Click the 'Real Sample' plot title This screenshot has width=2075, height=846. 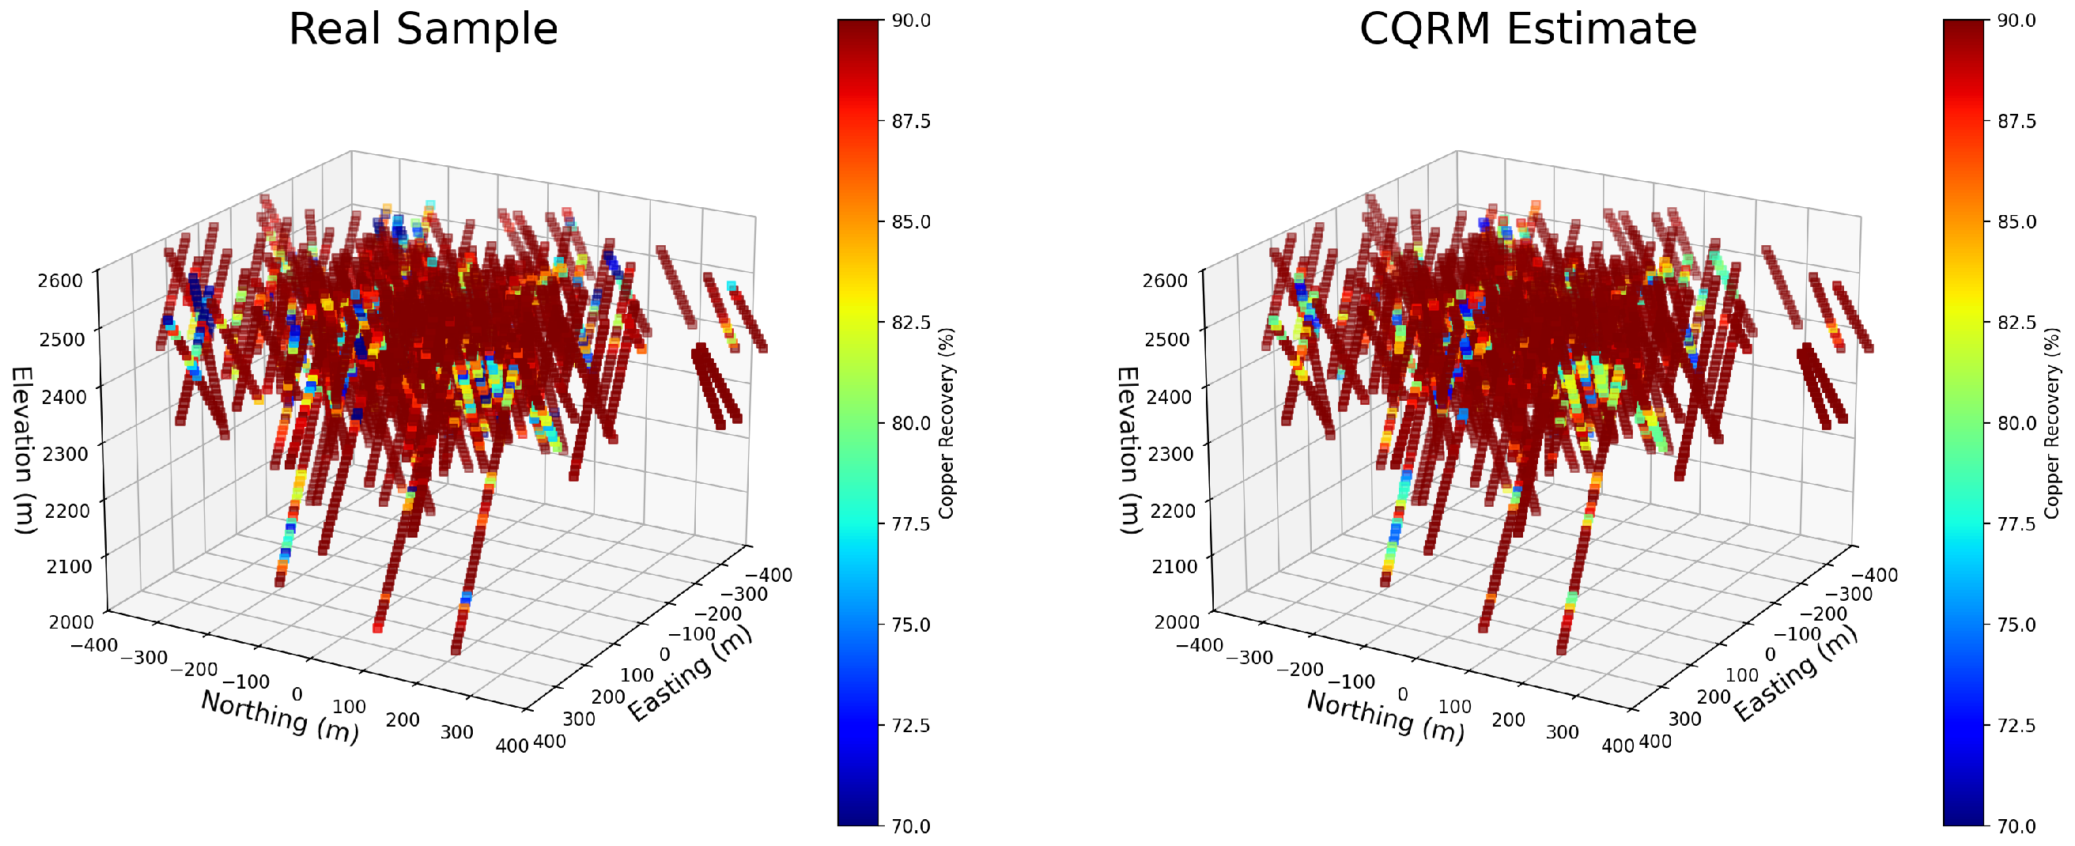423,29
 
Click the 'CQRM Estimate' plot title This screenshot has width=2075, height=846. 1528,29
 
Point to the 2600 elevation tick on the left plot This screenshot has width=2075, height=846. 60,281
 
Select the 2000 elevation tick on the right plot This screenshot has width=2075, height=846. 1177,621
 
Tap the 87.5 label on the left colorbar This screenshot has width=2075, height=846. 911,122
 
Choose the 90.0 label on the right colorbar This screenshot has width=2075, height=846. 2016,21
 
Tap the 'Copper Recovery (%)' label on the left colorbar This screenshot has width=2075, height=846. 947,423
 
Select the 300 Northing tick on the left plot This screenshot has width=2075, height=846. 457,731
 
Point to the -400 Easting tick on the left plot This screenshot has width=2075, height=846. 769,575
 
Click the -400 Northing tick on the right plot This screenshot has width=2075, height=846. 1200,644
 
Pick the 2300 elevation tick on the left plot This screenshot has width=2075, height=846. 60,453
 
